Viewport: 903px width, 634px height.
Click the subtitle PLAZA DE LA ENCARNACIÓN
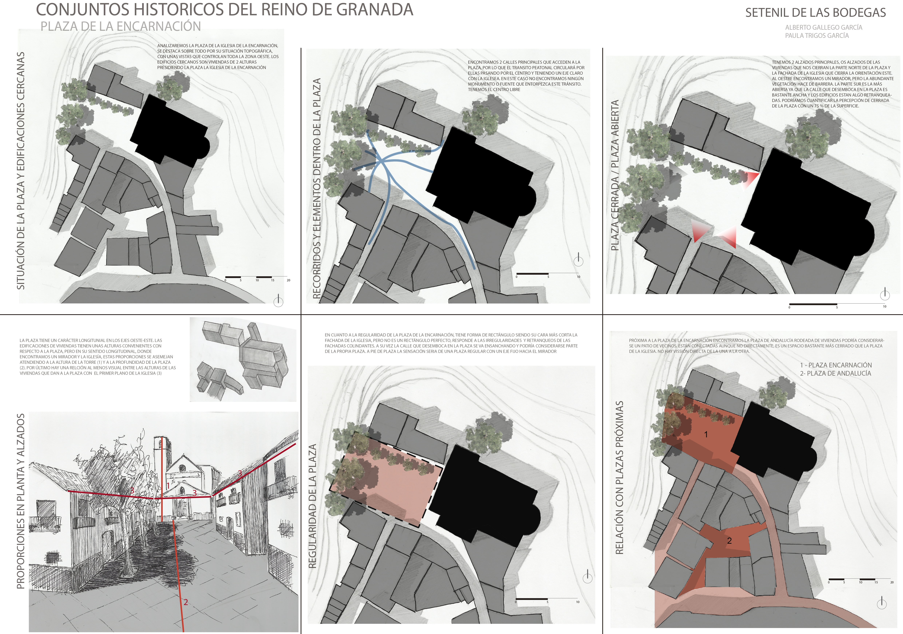121,26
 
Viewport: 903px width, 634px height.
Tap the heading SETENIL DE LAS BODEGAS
816,13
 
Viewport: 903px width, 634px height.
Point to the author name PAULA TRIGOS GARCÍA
817,35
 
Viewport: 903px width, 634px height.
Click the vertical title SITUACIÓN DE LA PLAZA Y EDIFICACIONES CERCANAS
20,171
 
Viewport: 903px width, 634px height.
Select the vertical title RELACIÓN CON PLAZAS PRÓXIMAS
619,477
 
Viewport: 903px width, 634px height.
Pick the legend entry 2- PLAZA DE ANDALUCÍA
835,373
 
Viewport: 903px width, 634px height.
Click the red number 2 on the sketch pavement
186,602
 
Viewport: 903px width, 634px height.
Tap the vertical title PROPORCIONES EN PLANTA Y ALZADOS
20,501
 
